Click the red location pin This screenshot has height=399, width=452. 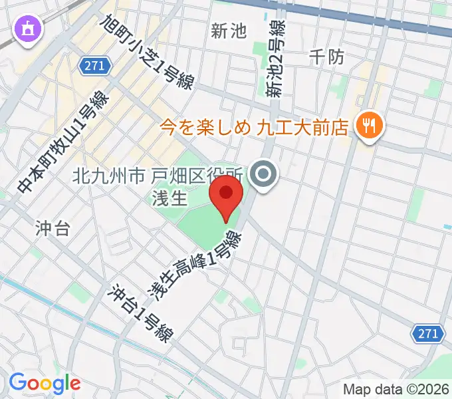point(226,195)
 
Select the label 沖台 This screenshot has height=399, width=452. point(52,229)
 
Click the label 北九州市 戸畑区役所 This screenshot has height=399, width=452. point(160,176)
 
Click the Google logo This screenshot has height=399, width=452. point(45,382)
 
